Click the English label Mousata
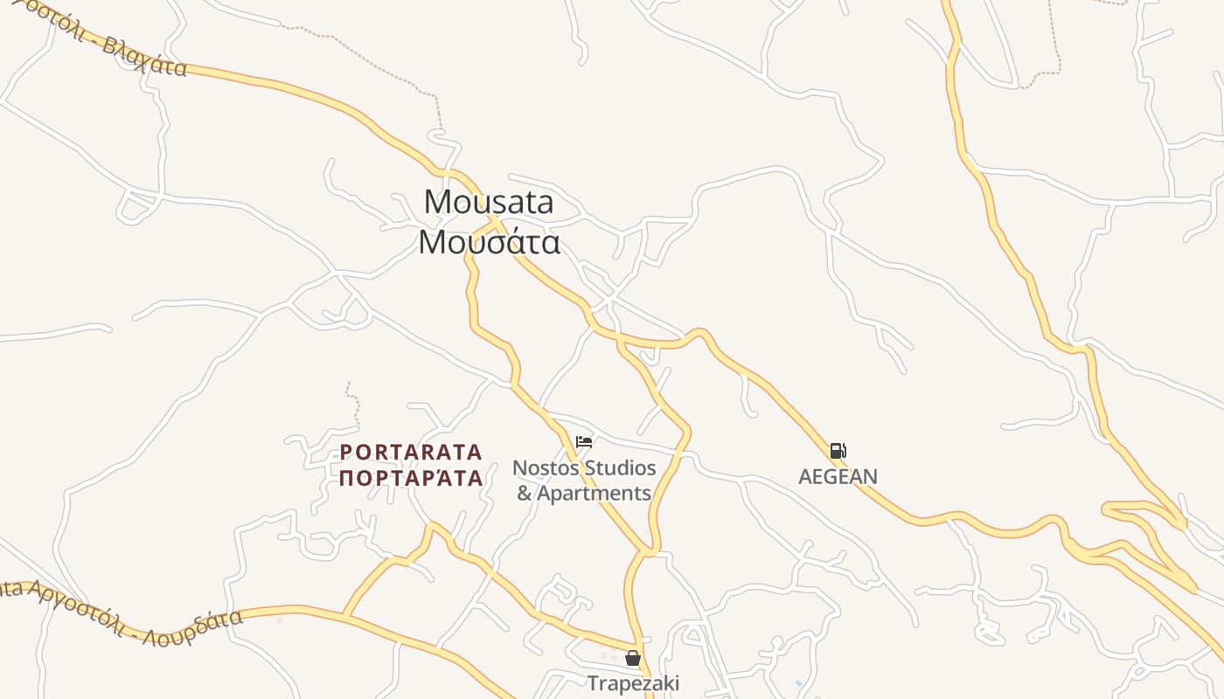click(x=489, y=202)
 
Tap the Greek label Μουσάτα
click(x=489, y=242)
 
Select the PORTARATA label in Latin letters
click(x=411, y=452)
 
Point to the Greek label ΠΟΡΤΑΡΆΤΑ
click(x=411, y=478)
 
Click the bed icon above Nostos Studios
click(x=584, y=442)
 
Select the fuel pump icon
click(x=838, y=451)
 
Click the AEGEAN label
click(x=838, y=476)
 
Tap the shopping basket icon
click(x=632, y=658)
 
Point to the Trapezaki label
click(x=633, y=682)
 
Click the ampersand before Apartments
click(x=525, y=494)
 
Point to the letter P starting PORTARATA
click(x=345, y=452)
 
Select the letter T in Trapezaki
click(x=593, y=682)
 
